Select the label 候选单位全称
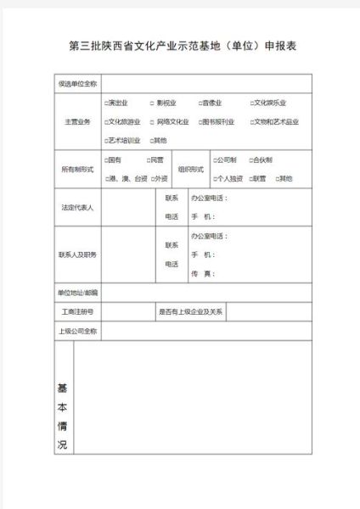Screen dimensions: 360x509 (77, 83)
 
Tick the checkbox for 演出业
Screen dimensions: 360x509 (106, 103)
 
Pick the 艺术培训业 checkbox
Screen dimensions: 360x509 (106, 140)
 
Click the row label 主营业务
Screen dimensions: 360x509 (77, 121)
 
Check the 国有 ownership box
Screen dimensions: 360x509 (106, 159)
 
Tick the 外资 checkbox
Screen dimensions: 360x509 (153, 178)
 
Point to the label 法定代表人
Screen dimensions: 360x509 (77, 207)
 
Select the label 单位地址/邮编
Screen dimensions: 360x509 (77, 293)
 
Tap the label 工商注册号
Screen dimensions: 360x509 (77, 311)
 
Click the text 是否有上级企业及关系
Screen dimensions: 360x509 (191, 311)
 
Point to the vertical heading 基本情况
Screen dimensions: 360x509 (62, 416)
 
